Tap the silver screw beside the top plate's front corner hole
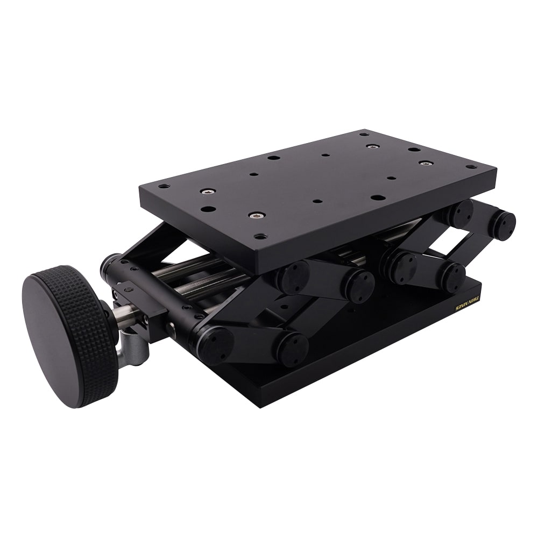click(x=257, y=215)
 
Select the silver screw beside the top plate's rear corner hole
click(x=371, y=146)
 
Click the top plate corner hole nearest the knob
click(x=163, y=186)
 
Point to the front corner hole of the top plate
click(x=260, y=236)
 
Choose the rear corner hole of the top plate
click(x=364, y=133)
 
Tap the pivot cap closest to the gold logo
click(x=451, y=276)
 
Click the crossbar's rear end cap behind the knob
click(x=108, y=264)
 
